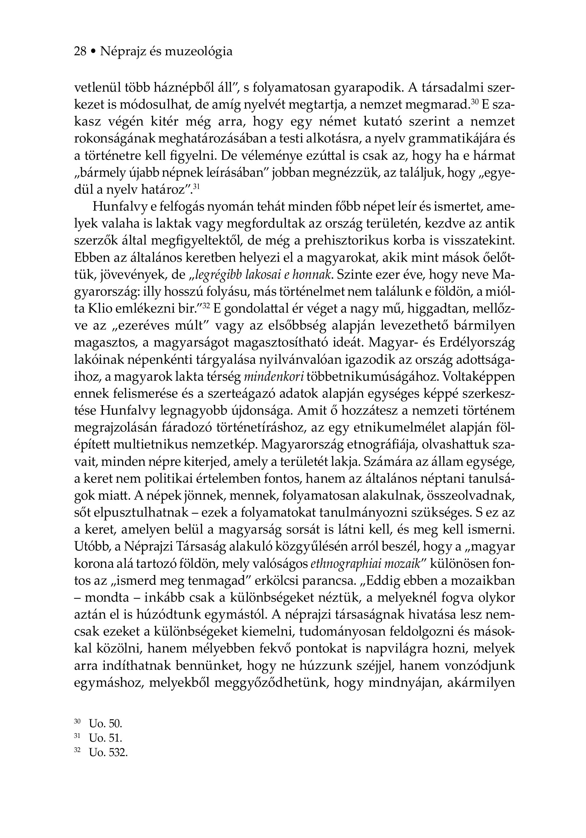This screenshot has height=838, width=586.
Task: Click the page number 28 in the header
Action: (80, 51)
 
